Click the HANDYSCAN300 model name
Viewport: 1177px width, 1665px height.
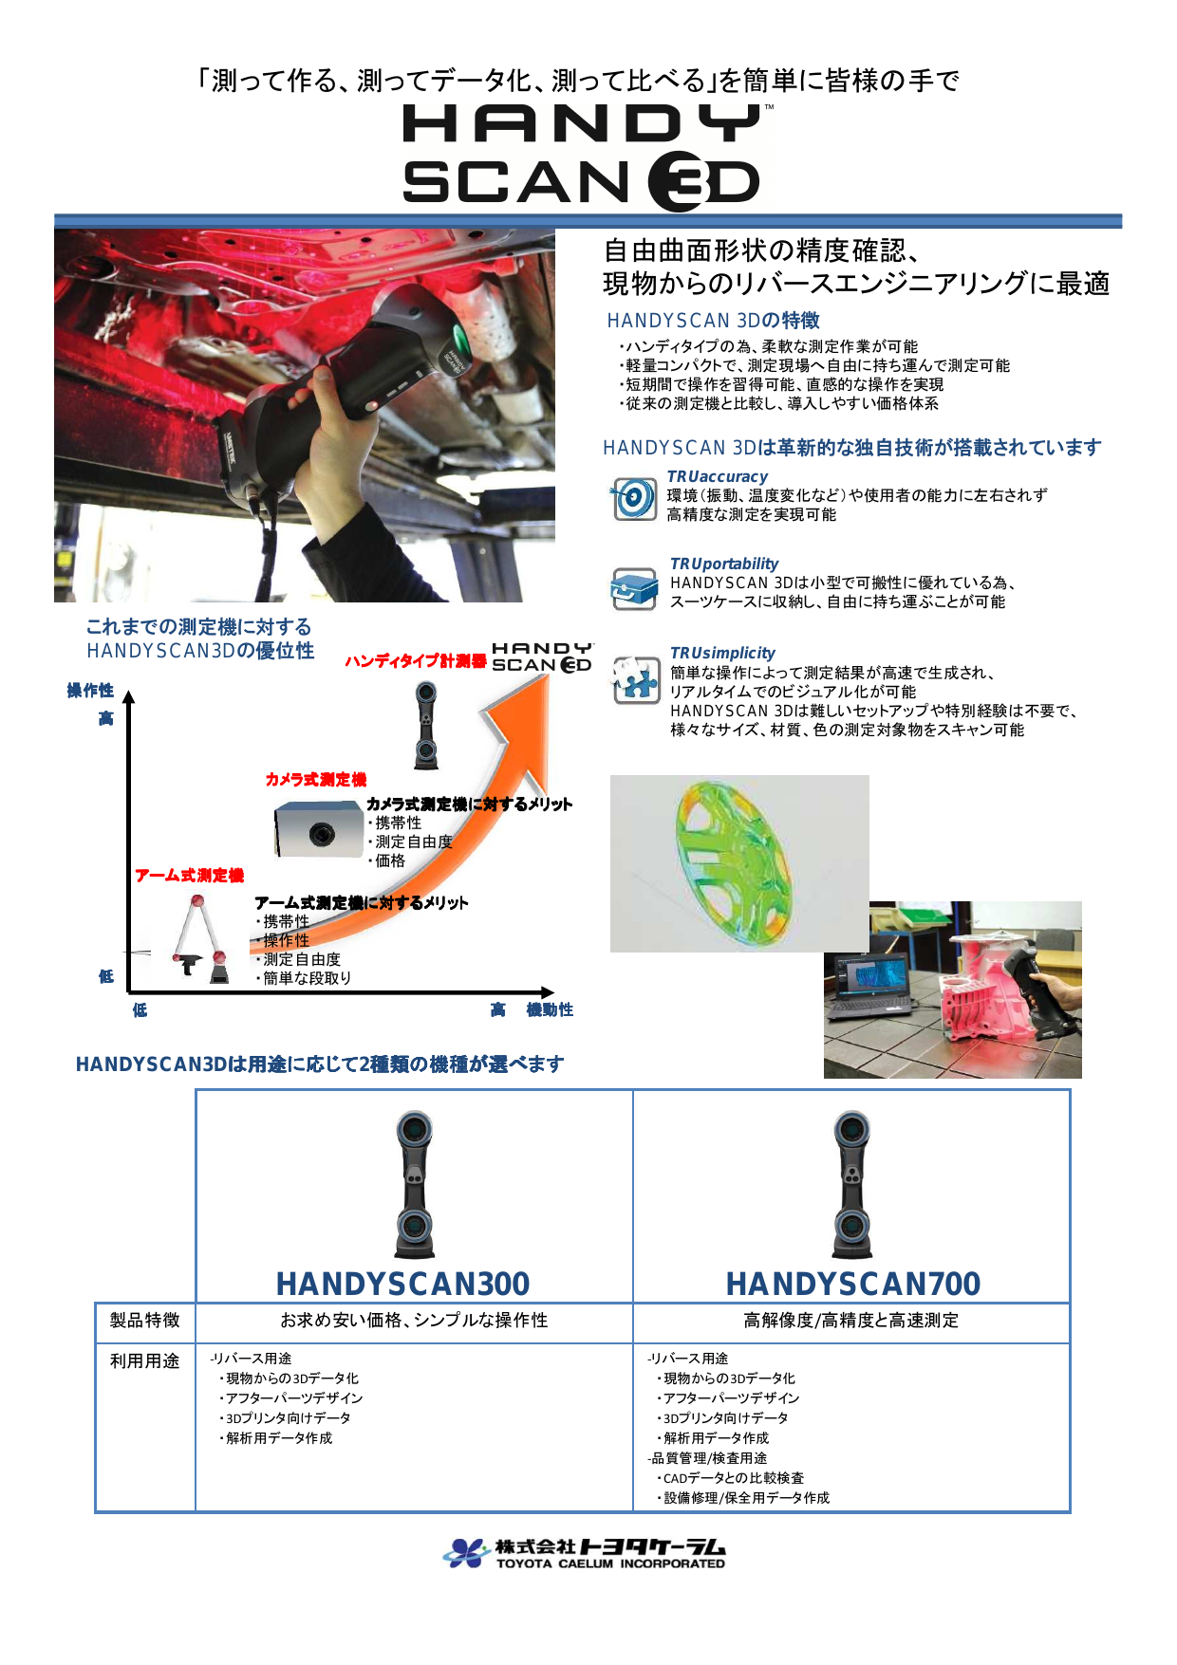click(402, 1284)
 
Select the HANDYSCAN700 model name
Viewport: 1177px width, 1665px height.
click(852, 1284)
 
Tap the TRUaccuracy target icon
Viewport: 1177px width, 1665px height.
click(633, 498)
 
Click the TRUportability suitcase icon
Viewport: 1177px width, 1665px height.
click(634, 588)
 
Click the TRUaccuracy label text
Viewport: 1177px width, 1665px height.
click(717, 476)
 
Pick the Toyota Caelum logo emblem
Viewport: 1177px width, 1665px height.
click(466, 1553)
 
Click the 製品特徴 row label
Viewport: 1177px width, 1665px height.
click(144, 1321)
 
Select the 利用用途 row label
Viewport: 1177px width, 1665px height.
click(144, 1361)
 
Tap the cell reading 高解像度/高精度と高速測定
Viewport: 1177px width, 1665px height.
click(850, 1321)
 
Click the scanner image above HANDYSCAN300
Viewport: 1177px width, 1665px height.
click(414, 1185)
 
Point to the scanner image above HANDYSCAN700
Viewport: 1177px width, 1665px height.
click(852, 1185)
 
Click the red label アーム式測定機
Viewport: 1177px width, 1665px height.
click(189, 876)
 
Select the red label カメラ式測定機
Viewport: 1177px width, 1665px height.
click(315, 780)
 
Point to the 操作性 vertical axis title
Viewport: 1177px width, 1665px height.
click(90, 691)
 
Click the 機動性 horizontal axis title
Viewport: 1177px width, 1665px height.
click(550, 1010)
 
